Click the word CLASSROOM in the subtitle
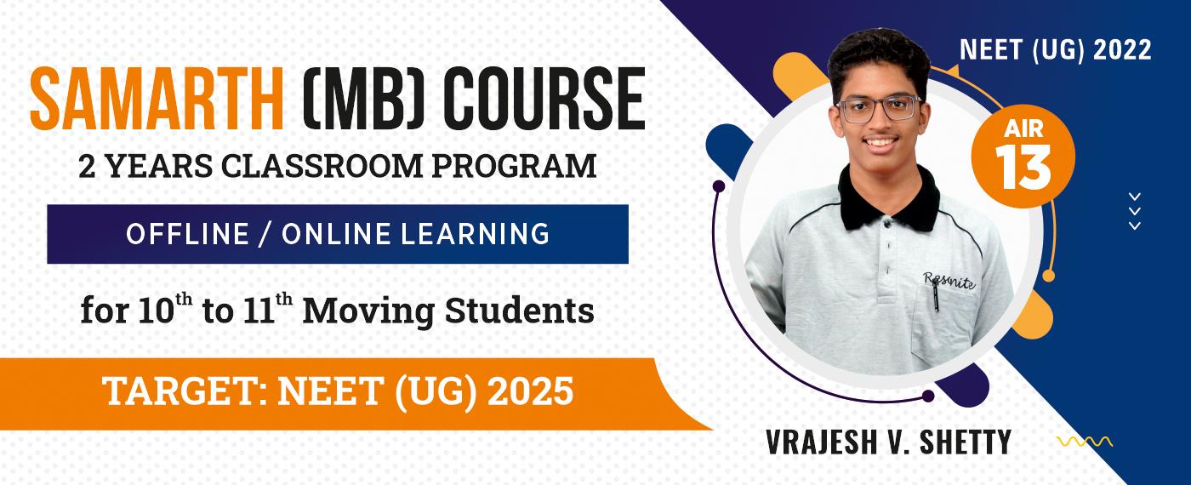point(322,166)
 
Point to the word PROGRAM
point(514,166)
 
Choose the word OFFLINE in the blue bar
point(188,234)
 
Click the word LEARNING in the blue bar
point(475,234)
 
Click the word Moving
point(368,312)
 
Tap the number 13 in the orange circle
point(1023,168)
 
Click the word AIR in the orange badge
point(1023,128)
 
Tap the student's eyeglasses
point(878,108)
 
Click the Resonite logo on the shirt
point(949,280)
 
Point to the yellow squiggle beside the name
point(1085,442)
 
